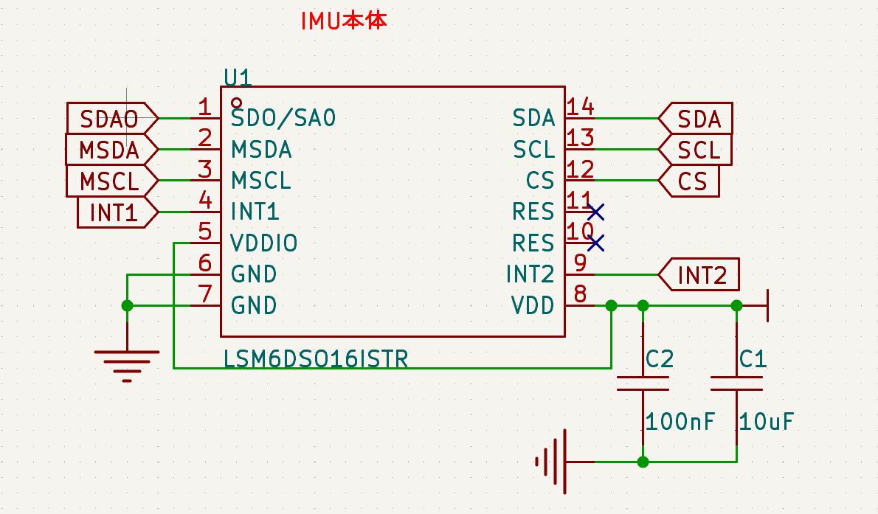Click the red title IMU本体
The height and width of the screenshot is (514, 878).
[343, 21]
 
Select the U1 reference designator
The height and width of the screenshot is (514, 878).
[238, 78]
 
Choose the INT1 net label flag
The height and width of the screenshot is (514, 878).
[116, 212]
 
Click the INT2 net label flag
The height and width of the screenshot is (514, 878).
[699, 275]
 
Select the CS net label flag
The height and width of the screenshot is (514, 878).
[690, 181]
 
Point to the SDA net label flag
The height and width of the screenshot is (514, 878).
[696, 118]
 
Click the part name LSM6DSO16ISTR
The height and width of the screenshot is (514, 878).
[316, 359]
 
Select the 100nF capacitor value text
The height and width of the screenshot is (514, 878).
[680, 422]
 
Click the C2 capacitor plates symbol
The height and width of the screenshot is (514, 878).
[643, 383]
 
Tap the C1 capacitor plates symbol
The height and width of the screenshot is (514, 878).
[736, 383]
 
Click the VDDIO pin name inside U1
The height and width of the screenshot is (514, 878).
[264, 243]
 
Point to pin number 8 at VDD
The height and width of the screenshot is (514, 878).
[580, 294]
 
